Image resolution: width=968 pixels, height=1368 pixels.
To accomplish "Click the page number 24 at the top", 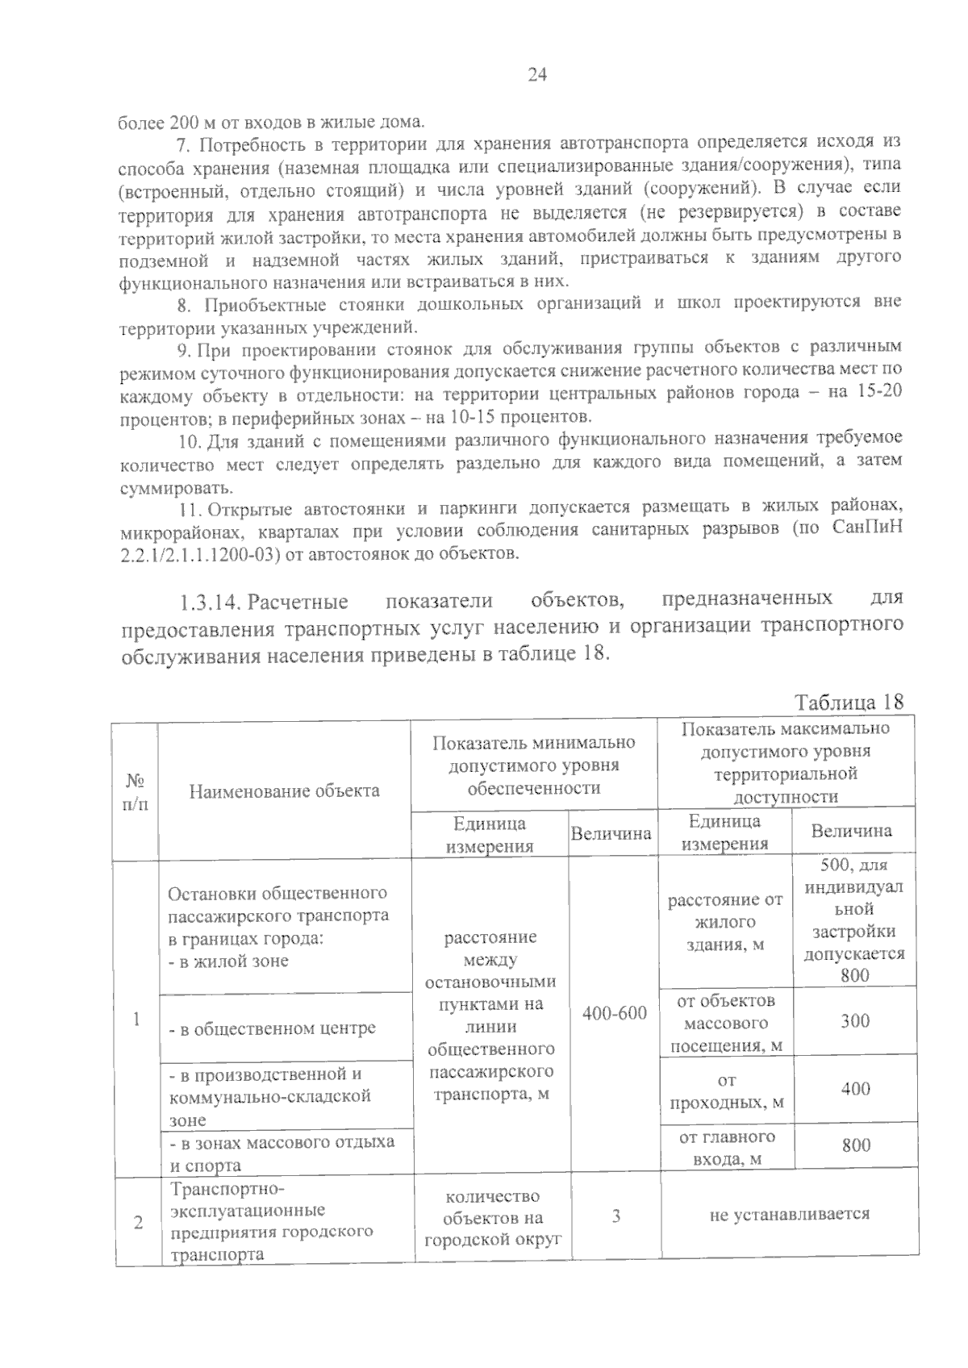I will [x=537, y=75].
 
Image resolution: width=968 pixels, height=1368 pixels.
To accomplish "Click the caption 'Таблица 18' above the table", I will [x=849, y=702].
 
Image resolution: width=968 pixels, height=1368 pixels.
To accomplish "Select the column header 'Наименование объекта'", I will [x=284, y=790].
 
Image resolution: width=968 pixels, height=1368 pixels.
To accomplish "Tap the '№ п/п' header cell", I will [x=135, y=791].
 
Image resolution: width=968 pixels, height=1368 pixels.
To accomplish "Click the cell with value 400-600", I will [x=614, y=1012].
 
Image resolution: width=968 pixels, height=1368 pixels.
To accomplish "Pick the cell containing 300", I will [x=855, y=1021].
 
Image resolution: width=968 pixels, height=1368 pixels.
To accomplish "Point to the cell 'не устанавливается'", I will [x=789, y=1214].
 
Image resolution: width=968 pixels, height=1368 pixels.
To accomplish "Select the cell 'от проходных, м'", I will [x=726, y=1091].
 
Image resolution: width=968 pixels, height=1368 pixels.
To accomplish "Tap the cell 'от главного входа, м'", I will [x=726, y=1148].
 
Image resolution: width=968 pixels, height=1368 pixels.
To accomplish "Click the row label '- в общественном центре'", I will [x=272, y=1028].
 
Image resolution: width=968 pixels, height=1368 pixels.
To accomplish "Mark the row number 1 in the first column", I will [x=137, y=1019].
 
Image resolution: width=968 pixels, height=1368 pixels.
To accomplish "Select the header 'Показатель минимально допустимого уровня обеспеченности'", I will [x=533, y=765].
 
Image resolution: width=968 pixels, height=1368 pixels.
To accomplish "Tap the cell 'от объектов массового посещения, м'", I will [x=726, y=1023].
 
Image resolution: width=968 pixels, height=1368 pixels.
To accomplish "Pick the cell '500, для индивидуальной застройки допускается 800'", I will [x=855, y=920].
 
